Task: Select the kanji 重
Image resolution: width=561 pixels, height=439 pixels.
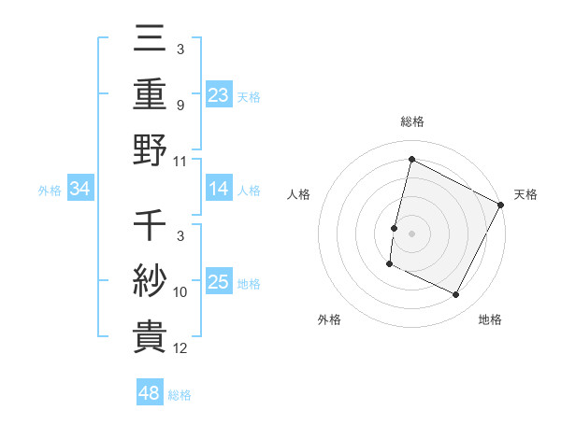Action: coord(151,95)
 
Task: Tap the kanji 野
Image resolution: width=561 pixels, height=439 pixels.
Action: coord(151,150)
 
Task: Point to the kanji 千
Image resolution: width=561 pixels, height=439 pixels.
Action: coord(151,227)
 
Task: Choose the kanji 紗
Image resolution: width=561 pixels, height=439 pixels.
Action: coord(151,281)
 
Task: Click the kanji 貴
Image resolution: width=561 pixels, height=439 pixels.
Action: coord(151,335)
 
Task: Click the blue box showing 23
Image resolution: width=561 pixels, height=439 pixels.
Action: coord(218,95)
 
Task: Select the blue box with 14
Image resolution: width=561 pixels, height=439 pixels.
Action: coord(218,189)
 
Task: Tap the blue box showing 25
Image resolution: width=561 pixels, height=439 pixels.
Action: coord(218,282)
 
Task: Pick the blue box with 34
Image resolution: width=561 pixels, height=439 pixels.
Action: coord(80,190)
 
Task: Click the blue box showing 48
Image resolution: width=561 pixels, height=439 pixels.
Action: coord(150,393)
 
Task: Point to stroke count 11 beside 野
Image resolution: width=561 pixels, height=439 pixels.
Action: coord(180,161)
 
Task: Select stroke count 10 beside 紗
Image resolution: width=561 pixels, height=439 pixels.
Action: coord(180,292)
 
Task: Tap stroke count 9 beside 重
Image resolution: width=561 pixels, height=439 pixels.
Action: coord(180,106)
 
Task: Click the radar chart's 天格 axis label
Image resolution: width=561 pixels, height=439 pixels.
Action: coord(525,194)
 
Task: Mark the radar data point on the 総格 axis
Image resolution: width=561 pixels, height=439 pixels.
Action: coord(411,160)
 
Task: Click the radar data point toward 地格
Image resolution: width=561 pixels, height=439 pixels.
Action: coord(456,295)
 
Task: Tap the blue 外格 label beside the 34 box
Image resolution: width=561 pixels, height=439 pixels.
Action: coord(50,191)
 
